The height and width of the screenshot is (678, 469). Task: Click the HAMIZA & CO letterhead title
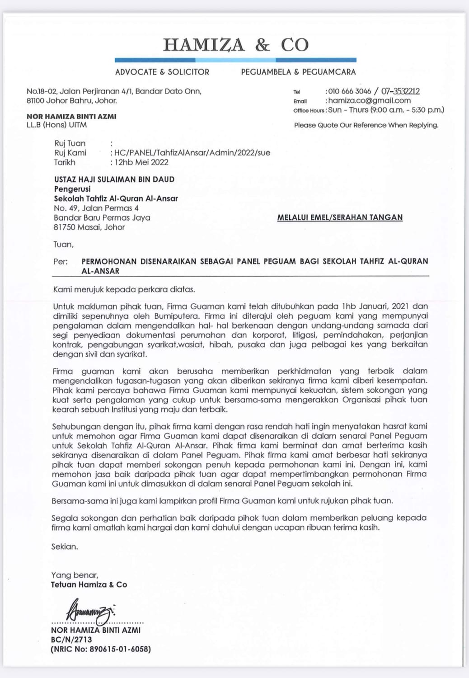point(235,45)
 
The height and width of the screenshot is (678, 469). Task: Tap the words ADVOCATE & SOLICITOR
point(162,72)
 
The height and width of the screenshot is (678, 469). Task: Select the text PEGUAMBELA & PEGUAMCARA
point(298,72)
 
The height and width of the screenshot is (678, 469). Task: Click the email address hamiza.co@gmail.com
point(369,100)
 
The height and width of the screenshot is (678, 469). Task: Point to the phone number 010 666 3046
point(349,91)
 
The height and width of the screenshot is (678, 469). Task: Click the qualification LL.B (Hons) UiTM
point(56,125)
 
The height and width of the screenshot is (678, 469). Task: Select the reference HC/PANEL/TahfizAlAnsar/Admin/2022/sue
point(192,153)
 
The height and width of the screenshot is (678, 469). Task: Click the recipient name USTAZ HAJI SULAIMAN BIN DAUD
point(114,179)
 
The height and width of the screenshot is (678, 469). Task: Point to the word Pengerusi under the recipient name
point(72,189)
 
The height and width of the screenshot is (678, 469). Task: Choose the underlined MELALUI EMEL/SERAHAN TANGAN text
point(340,217)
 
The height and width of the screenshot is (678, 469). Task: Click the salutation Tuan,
point(63,245)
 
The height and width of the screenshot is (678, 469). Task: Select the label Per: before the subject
point(61,261)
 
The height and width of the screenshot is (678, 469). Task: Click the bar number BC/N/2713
point(71,640)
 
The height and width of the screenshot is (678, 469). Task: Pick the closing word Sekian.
point(65,546)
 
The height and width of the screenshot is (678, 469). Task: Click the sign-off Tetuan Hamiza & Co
point(89,584)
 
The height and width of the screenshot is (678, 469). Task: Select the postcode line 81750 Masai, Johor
point(89,227)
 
